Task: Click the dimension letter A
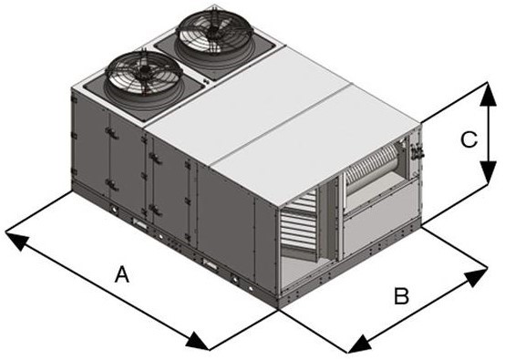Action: (x=121, y=273)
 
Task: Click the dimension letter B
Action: (x=400, y=296)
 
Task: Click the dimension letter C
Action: (x=467, y=139)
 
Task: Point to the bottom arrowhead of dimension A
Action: (x=202, y=344)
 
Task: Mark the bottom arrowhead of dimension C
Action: (x=480, y=183)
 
